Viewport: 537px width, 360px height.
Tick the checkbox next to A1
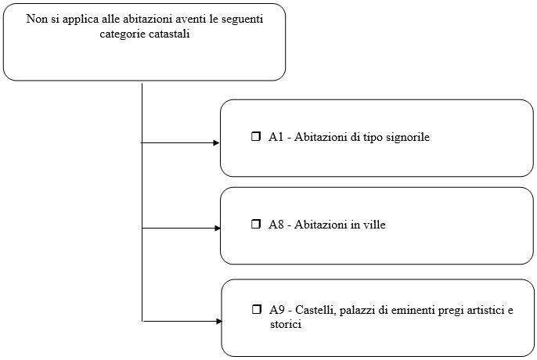tap(256, 137)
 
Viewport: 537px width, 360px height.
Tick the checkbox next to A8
tap(256, 225)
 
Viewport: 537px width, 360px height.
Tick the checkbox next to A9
tap(256, 309)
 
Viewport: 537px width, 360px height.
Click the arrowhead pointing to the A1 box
tap(216, 143)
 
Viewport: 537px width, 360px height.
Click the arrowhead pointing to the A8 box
tap(217, 228)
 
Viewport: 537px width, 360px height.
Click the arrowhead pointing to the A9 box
tap(219, 322)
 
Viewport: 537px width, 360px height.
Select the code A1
tap(276, 137)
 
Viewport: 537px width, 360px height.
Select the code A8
tap(276, 225)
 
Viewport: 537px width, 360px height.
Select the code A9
tap(277, 310)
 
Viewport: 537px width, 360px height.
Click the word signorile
tap(408, 138)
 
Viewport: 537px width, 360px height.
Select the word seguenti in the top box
tap(242, 20)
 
